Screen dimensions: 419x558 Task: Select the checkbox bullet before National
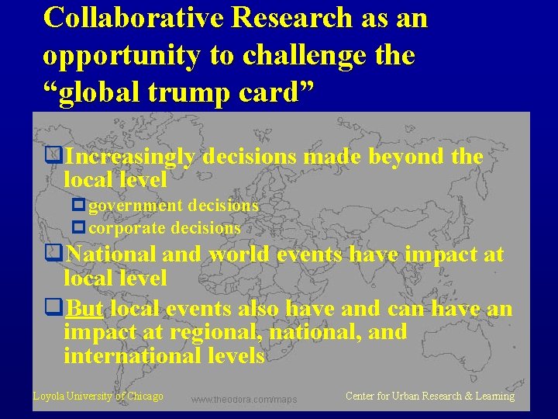pos(53,254)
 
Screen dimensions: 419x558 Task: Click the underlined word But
pos(85,309)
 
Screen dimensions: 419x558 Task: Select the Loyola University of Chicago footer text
pos(98,396)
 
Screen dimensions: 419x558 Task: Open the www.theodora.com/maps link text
pos(244,400)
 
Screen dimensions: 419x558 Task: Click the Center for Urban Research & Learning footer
pos(429,396)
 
